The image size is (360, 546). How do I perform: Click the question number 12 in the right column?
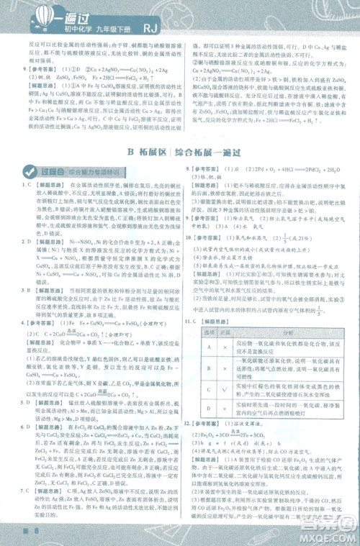click(x=192, y=429)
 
